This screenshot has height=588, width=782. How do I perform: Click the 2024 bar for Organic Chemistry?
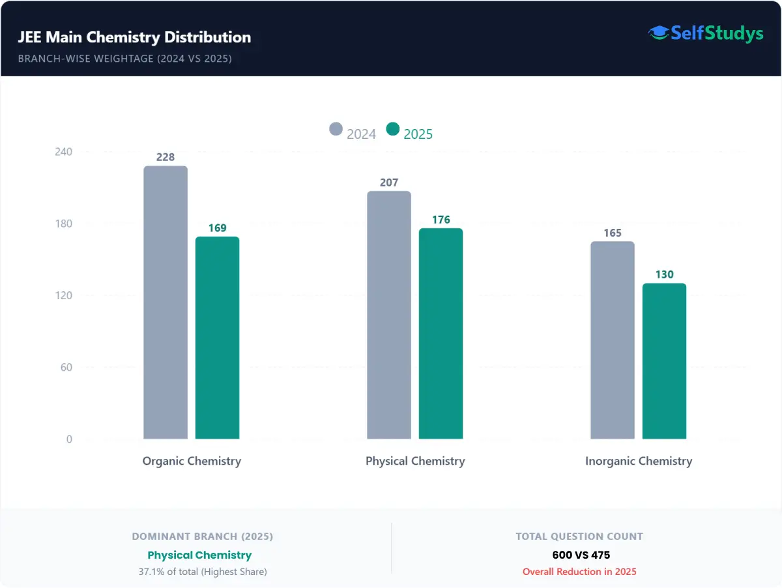[166, 302]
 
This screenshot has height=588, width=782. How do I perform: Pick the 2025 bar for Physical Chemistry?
[441, 334]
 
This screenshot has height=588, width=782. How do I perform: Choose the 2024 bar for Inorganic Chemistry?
[613, 340]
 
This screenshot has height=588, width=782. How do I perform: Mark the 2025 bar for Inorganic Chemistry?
[664, 361]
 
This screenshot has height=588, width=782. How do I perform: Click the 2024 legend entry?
[353, 133]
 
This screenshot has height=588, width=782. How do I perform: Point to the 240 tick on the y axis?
[63, 152]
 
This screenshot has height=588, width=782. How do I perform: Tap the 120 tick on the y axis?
[63, 295]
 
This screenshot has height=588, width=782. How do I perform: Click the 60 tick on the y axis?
[66, 367]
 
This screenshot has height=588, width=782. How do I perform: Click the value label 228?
[166, 157]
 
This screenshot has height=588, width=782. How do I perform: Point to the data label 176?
[441, 220]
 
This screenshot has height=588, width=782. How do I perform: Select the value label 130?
[664, 274]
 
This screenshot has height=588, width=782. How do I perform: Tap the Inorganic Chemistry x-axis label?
[639, 461]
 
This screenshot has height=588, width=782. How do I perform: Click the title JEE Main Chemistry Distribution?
[134, 37]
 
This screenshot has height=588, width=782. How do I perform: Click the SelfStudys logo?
[705, 33]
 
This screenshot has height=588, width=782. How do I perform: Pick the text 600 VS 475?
[579, 555]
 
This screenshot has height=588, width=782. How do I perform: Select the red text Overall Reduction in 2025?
[579, 572]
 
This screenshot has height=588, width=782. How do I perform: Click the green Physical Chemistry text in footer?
[199, 555]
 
